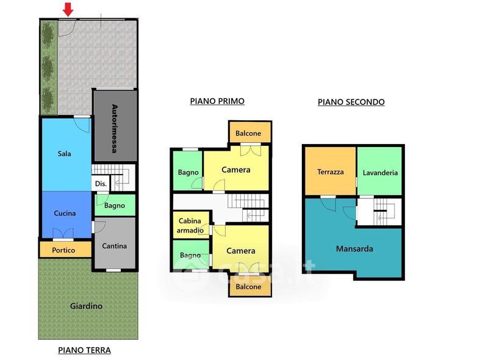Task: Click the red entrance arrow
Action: pyautogui.click(x=68, y=9)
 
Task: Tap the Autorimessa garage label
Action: pyautogui.click(x=115, y=129)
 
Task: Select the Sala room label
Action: pyautogui.click(x=65, y=154)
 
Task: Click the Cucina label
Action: pyautogui.click(x=65, y=214)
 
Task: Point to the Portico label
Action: pyautogui.click(x=63, y=250)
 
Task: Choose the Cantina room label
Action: pyautogui.click(x=115, y=246)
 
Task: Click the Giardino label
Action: pyautogui.click(x=86, y=306)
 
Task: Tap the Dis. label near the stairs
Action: pyautogui.click(x=101, y=184)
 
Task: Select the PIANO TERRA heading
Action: pyautogui.click(x=84, y=350)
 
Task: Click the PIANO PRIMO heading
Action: pyautogui.click(x=217, y=101)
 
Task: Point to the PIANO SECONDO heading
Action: pyautogui.click(x=351, y=102)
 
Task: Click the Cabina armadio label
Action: pyautogui.click(x=190, y=226)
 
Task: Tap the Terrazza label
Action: pyautogui.click(x=331, y=172)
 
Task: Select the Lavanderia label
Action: pyautogui.click(x=380, y=173)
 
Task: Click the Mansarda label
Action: pyautogui.click(x=354, y=249)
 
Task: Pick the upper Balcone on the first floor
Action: pyautogui.click(x=248, y=133)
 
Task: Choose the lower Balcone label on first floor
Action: pyautogui.click(x=248, y=287)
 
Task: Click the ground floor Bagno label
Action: pyautogui.click(x=115, y=206)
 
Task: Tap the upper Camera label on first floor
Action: pyautogui.click(x=236, y=170)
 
